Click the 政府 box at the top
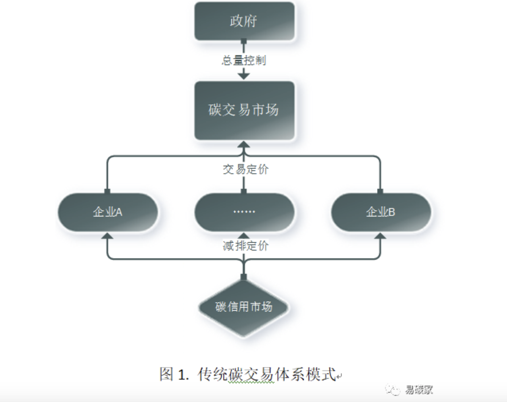click(244, 21)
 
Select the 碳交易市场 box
click(244, 110)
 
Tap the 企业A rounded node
click(108, 212)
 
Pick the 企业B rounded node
click(381, 212)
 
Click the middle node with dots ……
click(244, 212)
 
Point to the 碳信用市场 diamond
click(244, 307)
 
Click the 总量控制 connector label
click(244, 61)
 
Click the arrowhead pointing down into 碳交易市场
click(244, 76)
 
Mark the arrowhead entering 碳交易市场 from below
click(244, 144)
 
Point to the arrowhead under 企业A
click(107, 236)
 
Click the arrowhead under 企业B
click(381, 236)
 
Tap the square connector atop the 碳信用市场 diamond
click(244, 277)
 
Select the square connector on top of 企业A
click(107, 191)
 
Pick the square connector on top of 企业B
click(380, 191)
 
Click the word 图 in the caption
click(167, 374)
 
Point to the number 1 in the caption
click(181, 375)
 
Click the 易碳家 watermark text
click(419, 390)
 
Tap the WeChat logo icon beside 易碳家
click(393, 390)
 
